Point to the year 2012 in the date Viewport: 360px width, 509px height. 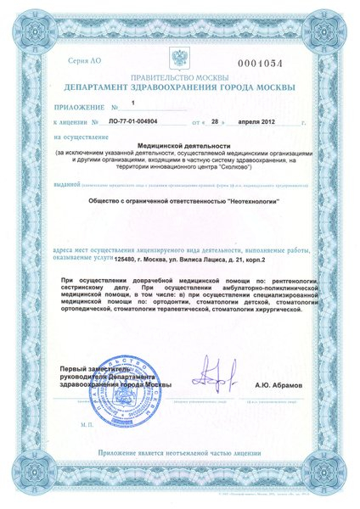262,122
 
